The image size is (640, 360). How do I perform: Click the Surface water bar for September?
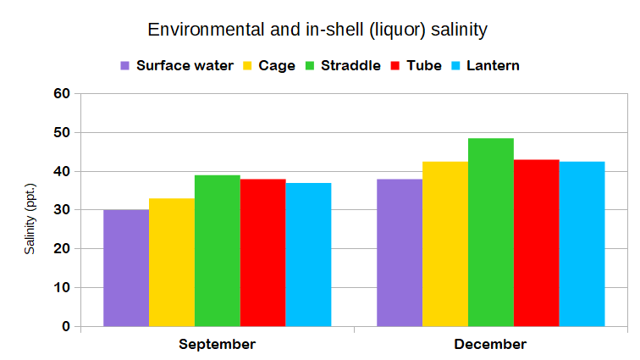(x=126, y=268)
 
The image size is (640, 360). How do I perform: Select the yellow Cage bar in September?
(x=172, y=262)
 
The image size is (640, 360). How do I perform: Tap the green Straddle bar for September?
(x=218, y=251)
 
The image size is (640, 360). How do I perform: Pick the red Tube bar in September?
(x=262, y=252)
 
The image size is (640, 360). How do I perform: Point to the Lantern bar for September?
(x=308, y=254)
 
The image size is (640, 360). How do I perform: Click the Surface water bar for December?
(x=400, y=252)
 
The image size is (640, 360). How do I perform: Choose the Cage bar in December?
(x=445, y=244)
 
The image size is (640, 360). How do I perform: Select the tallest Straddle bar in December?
(x=491, y=232)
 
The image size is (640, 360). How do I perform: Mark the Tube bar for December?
(x=537, y=243)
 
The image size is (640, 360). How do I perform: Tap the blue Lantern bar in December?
(x=582, y=244)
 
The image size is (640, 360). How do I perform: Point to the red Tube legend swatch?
(x=397, y=65)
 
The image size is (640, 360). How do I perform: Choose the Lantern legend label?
(x=491, y=65)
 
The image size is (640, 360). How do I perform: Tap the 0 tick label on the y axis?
(x=64, y=326)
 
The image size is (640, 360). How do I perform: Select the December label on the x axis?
(x=490, y=345)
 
